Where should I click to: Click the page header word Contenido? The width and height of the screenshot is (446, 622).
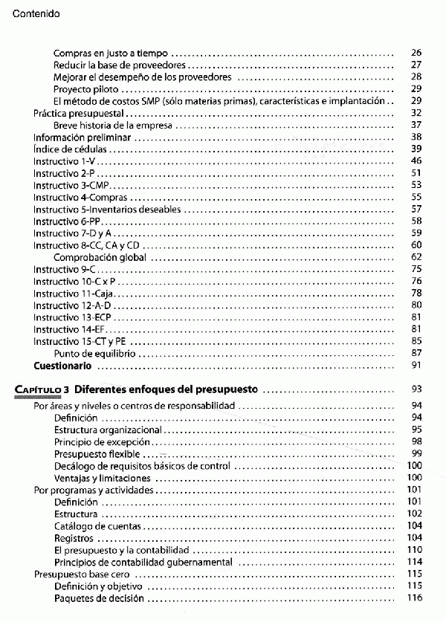coord(36,13)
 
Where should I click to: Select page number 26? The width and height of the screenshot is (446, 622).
coord(416,54)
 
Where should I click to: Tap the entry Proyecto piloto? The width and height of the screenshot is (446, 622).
coord(83,88)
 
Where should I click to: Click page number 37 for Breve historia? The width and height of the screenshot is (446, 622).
coord(416,125)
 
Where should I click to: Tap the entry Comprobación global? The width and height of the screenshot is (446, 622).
coord(99,257)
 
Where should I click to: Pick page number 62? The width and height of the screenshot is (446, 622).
coord(416,257)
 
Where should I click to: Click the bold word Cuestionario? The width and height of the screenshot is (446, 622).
coord(62,366)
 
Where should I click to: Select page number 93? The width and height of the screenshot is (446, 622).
coord(416,389)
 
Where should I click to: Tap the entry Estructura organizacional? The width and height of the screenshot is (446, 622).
coord(108,430)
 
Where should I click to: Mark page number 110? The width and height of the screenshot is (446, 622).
coord(415,550)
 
